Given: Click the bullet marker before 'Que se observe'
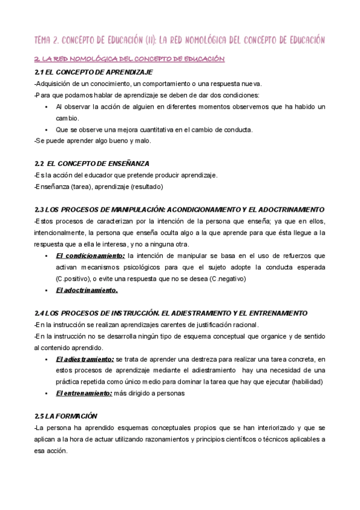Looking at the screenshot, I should (46, 129).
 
